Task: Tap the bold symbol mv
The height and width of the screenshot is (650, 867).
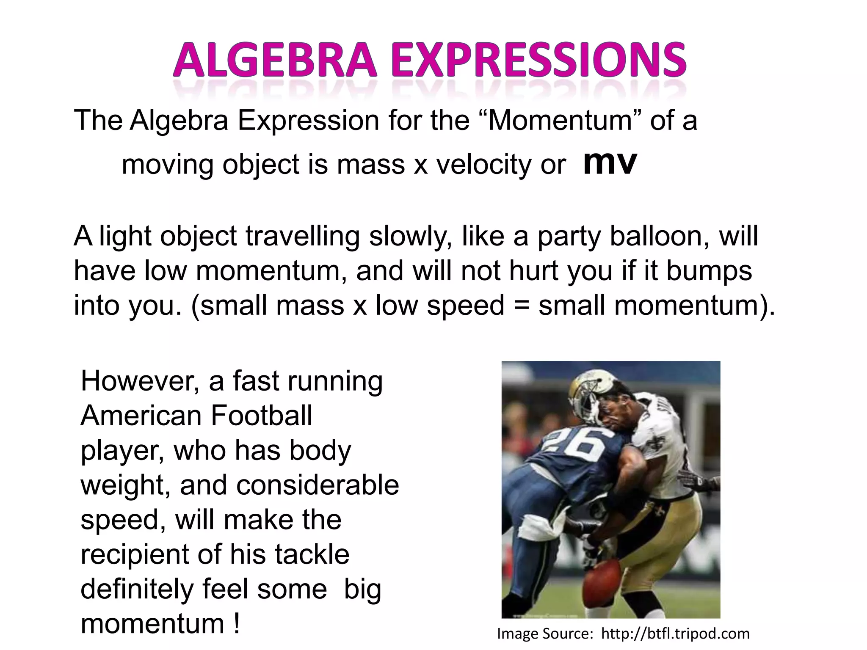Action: [x=610, y=163]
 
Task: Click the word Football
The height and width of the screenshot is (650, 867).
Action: [x=261, y=416]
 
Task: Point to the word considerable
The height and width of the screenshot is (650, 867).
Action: [x=318, y=485]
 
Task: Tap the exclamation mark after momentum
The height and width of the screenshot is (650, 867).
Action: [x=236, y=624]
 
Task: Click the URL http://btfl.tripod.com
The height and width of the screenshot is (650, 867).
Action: [x=675, y=634]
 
